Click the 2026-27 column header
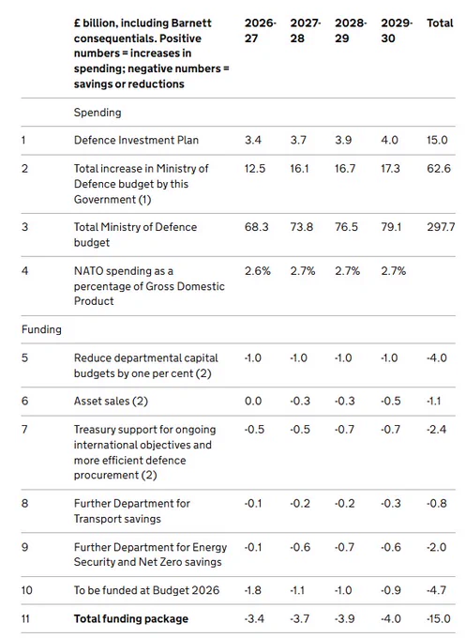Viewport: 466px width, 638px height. [x=261, y=31]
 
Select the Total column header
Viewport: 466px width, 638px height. [x=440, y=23]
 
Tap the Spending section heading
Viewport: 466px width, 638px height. [x=98, y=113]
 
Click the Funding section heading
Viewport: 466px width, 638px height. [x=41, y=329]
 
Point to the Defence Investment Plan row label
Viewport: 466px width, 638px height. [x=136, y=140]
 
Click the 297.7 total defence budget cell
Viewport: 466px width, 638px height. [x=441, y=227]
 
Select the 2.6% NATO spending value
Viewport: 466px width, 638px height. [x=258, y=270]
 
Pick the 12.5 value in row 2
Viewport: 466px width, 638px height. [x=255, y=168]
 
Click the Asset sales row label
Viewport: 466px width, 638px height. [x=111, y=402]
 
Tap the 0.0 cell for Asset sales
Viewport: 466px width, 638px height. [x=253, y=401]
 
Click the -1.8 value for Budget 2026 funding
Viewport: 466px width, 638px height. [x=252, y=590]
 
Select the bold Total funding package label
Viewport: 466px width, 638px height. [x=131, y=619]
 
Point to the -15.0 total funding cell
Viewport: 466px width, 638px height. [x=439, y=618]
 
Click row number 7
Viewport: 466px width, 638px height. [x=24, y=430]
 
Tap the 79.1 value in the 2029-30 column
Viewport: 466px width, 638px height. [x=391, y=227]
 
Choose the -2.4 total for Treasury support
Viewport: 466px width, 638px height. [x=436, y=430]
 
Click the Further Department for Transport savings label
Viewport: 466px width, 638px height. [x=132, y=511]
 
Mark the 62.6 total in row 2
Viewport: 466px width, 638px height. [x=439, y=168]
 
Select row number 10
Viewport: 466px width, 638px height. [x=26, y=590]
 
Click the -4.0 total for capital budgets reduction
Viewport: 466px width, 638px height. [x=436, y=357]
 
